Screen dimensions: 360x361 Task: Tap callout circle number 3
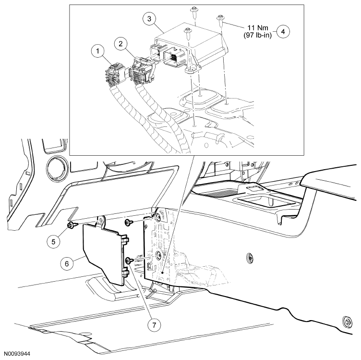pos(150,19)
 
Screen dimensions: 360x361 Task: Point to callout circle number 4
pos(284,32)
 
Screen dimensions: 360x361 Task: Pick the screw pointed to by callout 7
pos(129,260)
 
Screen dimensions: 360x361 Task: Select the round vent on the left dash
pos(56,169)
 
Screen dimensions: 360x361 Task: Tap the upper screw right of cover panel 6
pos(129,222)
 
